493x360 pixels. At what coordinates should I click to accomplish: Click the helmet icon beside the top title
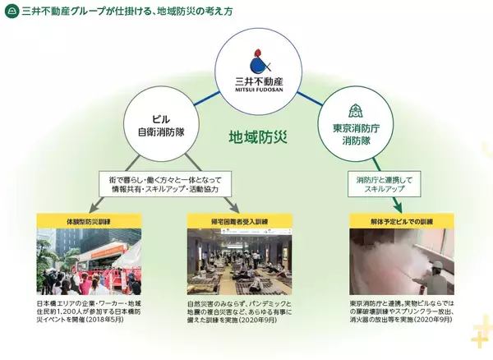[9, 10]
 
